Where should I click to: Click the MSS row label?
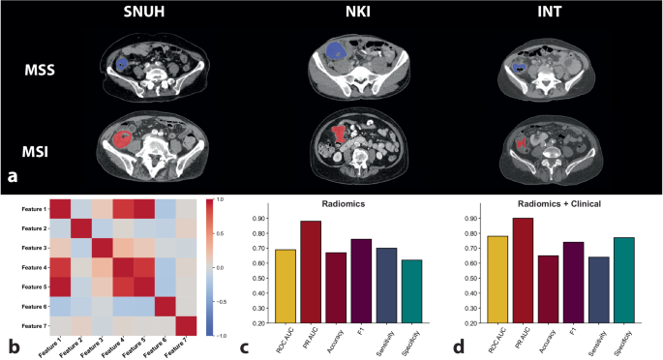pos(40,70)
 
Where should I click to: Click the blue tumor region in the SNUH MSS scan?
pos(122,63)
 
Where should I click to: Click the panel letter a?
pos(13,177)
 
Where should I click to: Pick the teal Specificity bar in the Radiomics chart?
pos(413,291)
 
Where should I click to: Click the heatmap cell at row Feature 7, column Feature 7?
pos(184,322)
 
